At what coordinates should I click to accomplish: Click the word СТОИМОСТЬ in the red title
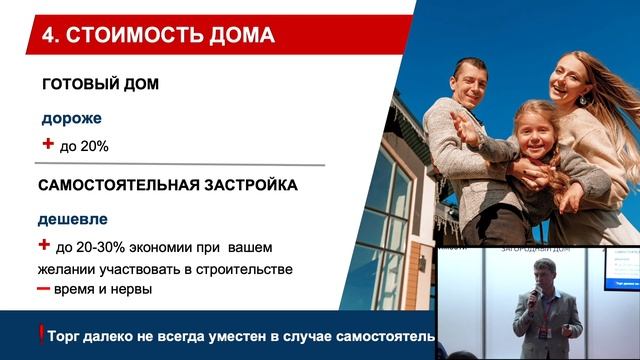tap(134, 38)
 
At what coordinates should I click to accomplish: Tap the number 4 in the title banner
tap(49, 38)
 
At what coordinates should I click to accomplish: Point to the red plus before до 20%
tap(45, 144)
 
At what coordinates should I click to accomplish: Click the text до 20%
tap(84, 146)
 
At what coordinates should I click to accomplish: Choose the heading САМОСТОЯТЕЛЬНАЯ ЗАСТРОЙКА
tap(167, 186)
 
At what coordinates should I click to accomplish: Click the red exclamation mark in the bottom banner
tap(41, 335)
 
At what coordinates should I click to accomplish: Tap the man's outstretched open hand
tap(462, 129)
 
